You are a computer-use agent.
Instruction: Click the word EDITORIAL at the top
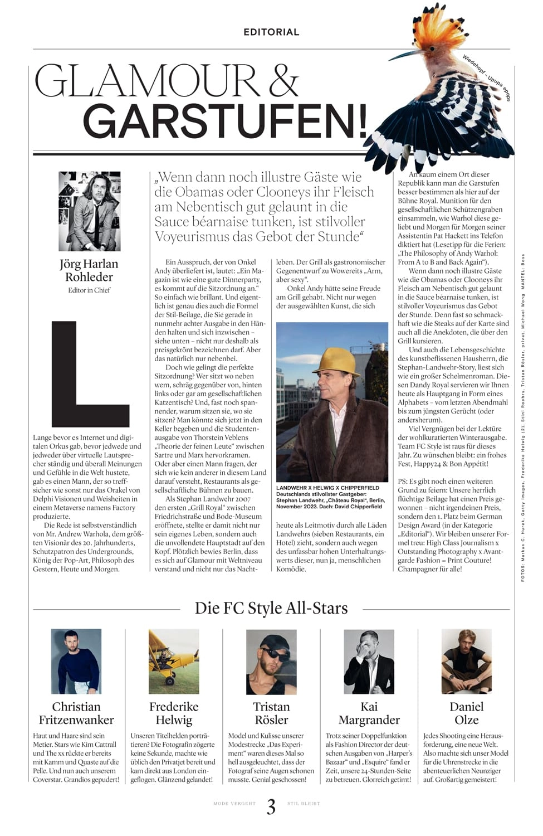point(271,32)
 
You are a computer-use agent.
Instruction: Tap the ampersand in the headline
point(282,81)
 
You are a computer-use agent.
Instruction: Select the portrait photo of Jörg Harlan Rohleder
point(90,211)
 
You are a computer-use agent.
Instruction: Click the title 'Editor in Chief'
point(89,290)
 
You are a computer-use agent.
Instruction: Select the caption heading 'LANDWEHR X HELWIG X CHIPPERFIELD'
point(327,488)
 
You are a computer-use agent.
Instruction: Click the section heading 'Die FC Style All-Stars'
point(271,608)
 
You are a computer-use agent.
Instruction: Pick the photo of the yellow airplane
point(174,661)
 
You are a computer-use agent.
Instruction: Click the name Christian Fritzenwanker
point(76,713)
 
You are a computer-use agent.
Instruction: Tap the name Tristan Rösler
point(271,713)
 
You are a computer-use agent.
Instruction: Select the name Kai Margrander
point(369,713)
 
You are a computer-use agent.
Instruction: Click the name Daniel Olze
point(466,713)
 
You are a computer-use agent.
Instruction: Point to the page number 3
point(271,806)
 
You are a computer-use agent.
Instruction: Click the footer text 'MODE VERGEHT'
point(234,804)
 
